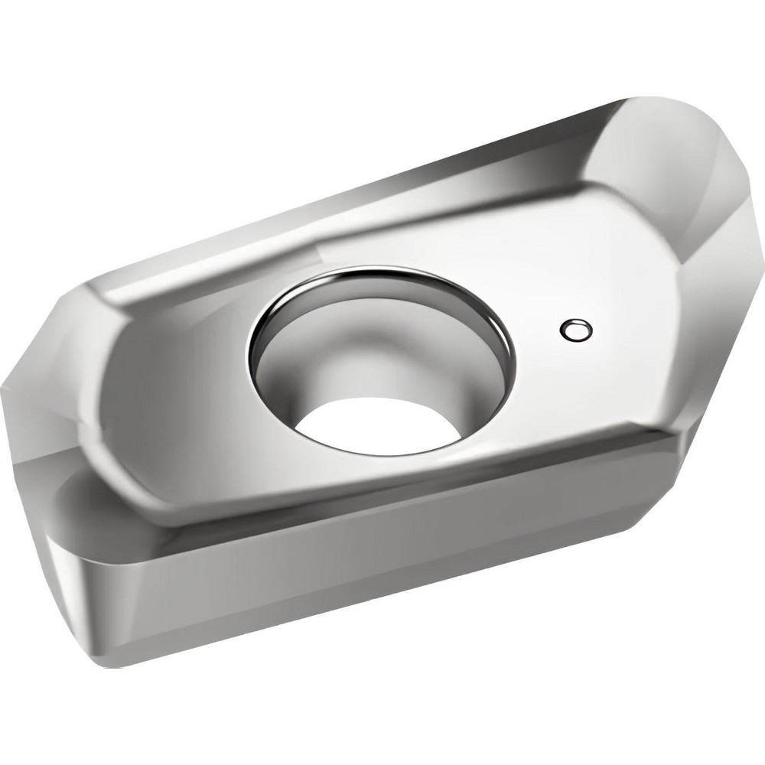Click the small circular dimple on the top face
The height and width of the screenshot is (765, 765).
pyautogui.click(x=576, y=330)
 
